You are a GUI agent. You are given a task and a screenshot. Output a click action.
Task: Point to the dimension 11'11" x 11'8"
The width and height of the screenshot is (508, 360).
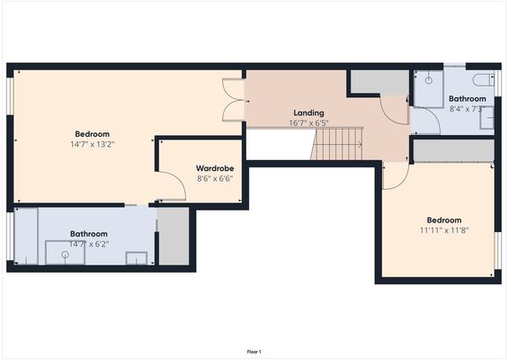[443, 230]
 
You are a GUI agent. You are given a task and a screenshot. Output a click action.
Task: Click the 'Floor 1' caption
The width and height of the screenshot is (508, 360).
[254, 351]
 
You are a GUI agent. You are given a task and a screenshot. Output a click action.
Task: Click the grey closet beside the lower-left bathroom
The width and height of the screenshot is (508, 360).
[174, 237]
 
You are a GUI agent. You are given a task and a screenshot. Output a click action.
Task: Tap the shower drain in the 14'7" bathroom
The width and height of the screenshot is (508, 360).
[65, 255]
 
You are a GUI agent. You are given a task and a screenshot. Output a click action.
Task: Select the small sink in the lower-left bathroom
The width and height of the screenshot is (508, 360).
[136, 258]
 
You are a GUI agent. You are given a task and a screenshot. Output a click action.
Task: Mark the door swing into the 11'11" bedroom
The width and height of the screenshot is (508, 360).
[394, 176]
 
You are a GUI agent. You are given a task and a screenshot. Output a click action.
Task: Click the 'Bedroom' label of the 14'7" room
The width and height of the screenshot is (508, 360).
[92, 133]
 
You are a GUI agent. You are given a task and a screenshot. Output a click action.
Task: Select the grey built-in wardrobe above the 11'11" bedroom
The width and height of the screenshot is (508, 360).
[453, 149]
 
